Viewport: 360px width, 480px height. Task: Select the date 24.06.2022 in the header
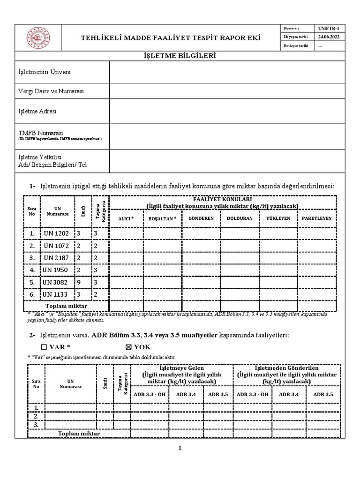pyautogui.click(x=329, y=37)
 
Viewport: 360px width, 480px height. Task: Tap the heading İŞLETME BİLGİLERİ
pyautogui.click(x=180, y=56)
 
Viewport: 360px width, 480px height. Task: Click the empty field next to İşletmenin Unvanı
pyautogui.click(x=227, y=72)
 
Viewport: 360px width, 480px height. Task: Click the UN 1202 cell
pyautogui.click(x=56, y=233)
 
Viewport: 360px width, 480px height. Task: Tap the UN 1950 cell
pyautogui.click(x=56, y=270)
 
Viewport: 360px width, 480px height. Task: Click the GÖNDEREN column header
pyautogui.click(x=201, y=218)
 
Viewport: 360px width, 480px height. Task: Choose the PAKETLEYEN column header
pyautogui.click(x=317, y=218)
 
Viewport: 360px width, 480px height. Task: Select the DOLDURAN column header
pyautogui.click(x=240, y=218)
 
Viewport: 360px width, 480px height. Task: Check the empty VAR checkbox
pyautogui.click(x=44, y=347)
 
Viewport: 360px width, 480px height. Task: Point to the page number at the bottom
pyautogui.click(x=180, y=449)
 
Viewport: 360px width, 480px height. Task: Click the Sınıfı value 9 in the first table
pyautogui.click(x=80, y=283)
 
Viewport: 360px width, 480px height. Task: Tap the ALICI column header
pyautogui.click(x=126, y=218)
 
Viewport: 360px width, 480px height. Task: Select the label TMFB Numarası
pyautogui.click(x=40, y=133)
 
